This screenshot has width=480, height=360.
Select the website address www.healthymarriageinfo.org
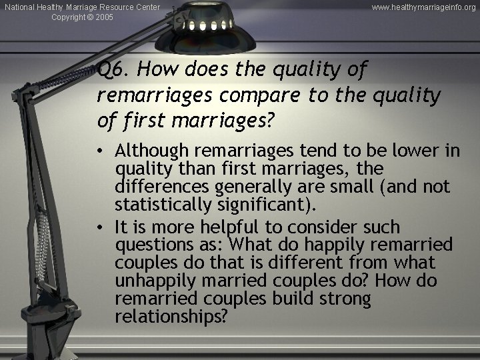(x=423, y=7)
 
